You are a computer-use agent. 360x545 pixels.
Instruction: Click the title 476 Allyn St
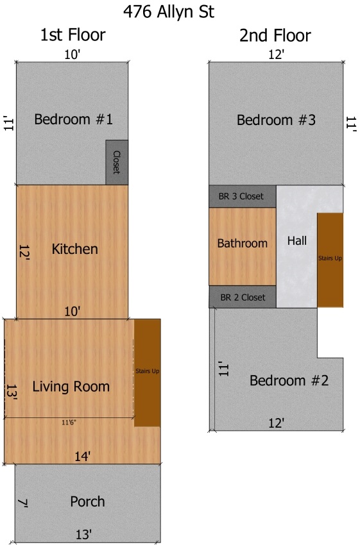tap(169, 12)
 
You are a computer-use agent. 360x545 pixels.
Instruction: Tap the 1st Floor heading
tap(73, 35)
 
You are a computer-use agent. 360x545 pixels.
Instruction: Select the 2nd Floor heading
tap(275, 35)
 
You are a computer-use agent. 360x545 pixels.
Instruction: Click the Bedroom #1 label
tap(73, 119)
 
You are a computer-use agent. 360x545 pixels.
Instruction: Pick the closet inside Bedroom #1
tap(117, 162)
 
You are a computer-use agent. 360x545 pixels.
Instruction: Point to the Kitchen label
tap(75, 249)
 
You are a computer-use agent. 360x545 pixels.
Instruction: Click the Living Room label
tap(71, 387)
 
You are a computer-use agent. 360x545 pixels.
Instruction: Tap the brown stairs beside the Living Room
tap(147, 373)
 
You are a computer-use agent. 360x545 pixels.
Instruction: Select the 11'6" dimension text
tap(69, 423)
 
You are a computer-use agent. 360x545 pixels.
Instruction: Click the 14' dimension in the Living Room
tap(83, 456)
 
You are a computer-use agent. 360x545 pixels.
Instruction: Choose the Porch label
tap(87, 501)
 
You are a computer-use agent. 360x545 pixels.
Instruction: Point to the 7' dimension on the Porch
tap(22, 503)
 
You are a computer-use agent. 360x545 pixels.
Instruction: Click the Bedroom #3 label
tap(276, 120)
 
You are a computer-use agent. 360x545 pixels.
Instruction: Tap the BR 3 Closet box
tap(243, 196)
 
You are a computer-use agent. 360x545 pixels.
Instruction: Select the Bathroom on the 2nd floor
tap(243, 246)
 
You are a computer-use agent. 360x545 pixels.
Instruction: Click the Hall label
tap(297, 240)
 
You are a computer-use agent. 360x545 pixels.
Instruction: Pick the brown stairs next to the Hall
tap(330, 260)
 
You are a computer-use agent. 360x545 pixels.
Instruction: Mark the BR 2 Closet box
tap(243, 297)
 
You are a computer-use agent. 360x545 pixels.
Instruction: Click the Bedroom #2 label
tap(289, 380)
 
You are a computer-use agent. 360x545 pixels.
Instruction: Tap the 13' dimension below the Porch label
tap(84, 534)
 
